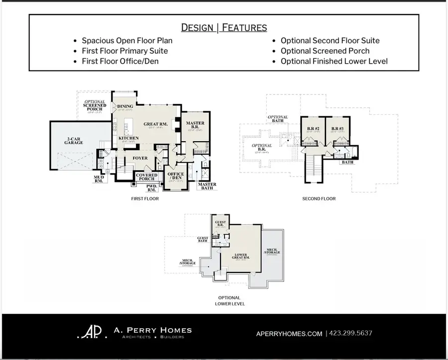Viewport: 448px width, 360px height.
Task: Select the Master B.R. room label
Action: tap(195, 125)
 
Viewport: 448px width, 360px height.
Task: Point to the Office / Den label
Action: tap(176, 177)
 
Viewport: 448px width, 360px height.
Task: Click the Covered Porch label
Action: tap(147, 177)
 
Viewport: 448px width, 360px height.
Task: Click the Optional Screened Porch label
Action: tap(95, 105)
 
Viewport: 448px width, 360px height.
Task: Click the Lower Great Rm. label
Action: tap(241, 257)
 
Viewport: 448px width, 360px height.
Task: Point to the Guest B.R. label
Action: tap(220, 223)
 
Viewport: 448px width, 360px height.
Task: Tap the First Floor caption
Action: tap(145, 199)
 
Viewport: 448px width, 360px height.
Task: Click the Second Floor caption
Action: tap(319, 199)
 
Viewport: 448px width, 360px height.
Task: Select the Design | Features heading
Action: tap(224, 27)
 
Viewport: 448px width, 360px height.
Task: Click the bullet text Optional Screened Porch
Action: tap(325, 51)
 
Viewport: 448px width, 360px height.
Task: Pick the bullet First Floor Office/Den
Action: tap(121, 61)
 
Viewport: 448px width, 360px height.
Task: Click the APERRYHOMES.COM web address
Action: tap(288, 333)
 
